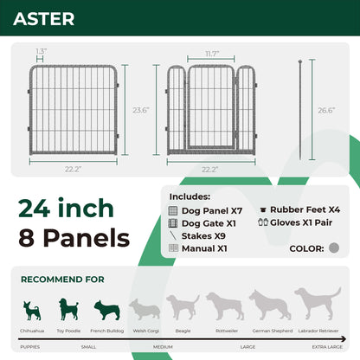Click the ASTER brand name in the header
pyautogui.click(x=43, y=19)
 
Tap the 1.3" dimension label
pyautogui.click(x=42, y=52)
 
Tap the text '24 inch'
pyautogui.click(x=65, y=208)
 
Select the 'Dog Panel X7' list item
pyautogui.click(x=212, y=210)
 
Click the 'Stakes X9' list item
pyautogui.click(x=203, y=235)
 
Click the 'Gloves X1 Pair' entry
pyautogui.click(x=301, y=222)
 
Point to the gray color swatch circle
pyautogui.click(x=334, y=247)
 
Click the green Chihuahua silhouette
pyautogui.click(x=32, y=310)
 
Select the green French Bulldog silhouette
pyautogui.click(x=105, y=310)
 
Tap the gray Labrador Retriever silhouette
pyautogui.click(x=317, y=305)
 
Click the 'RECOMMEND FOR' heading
pyautogui.click(x=62, y=280)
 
